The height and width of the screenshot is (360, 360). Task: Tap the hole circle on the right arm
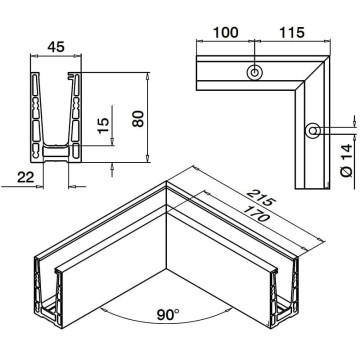click(313, 130)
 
